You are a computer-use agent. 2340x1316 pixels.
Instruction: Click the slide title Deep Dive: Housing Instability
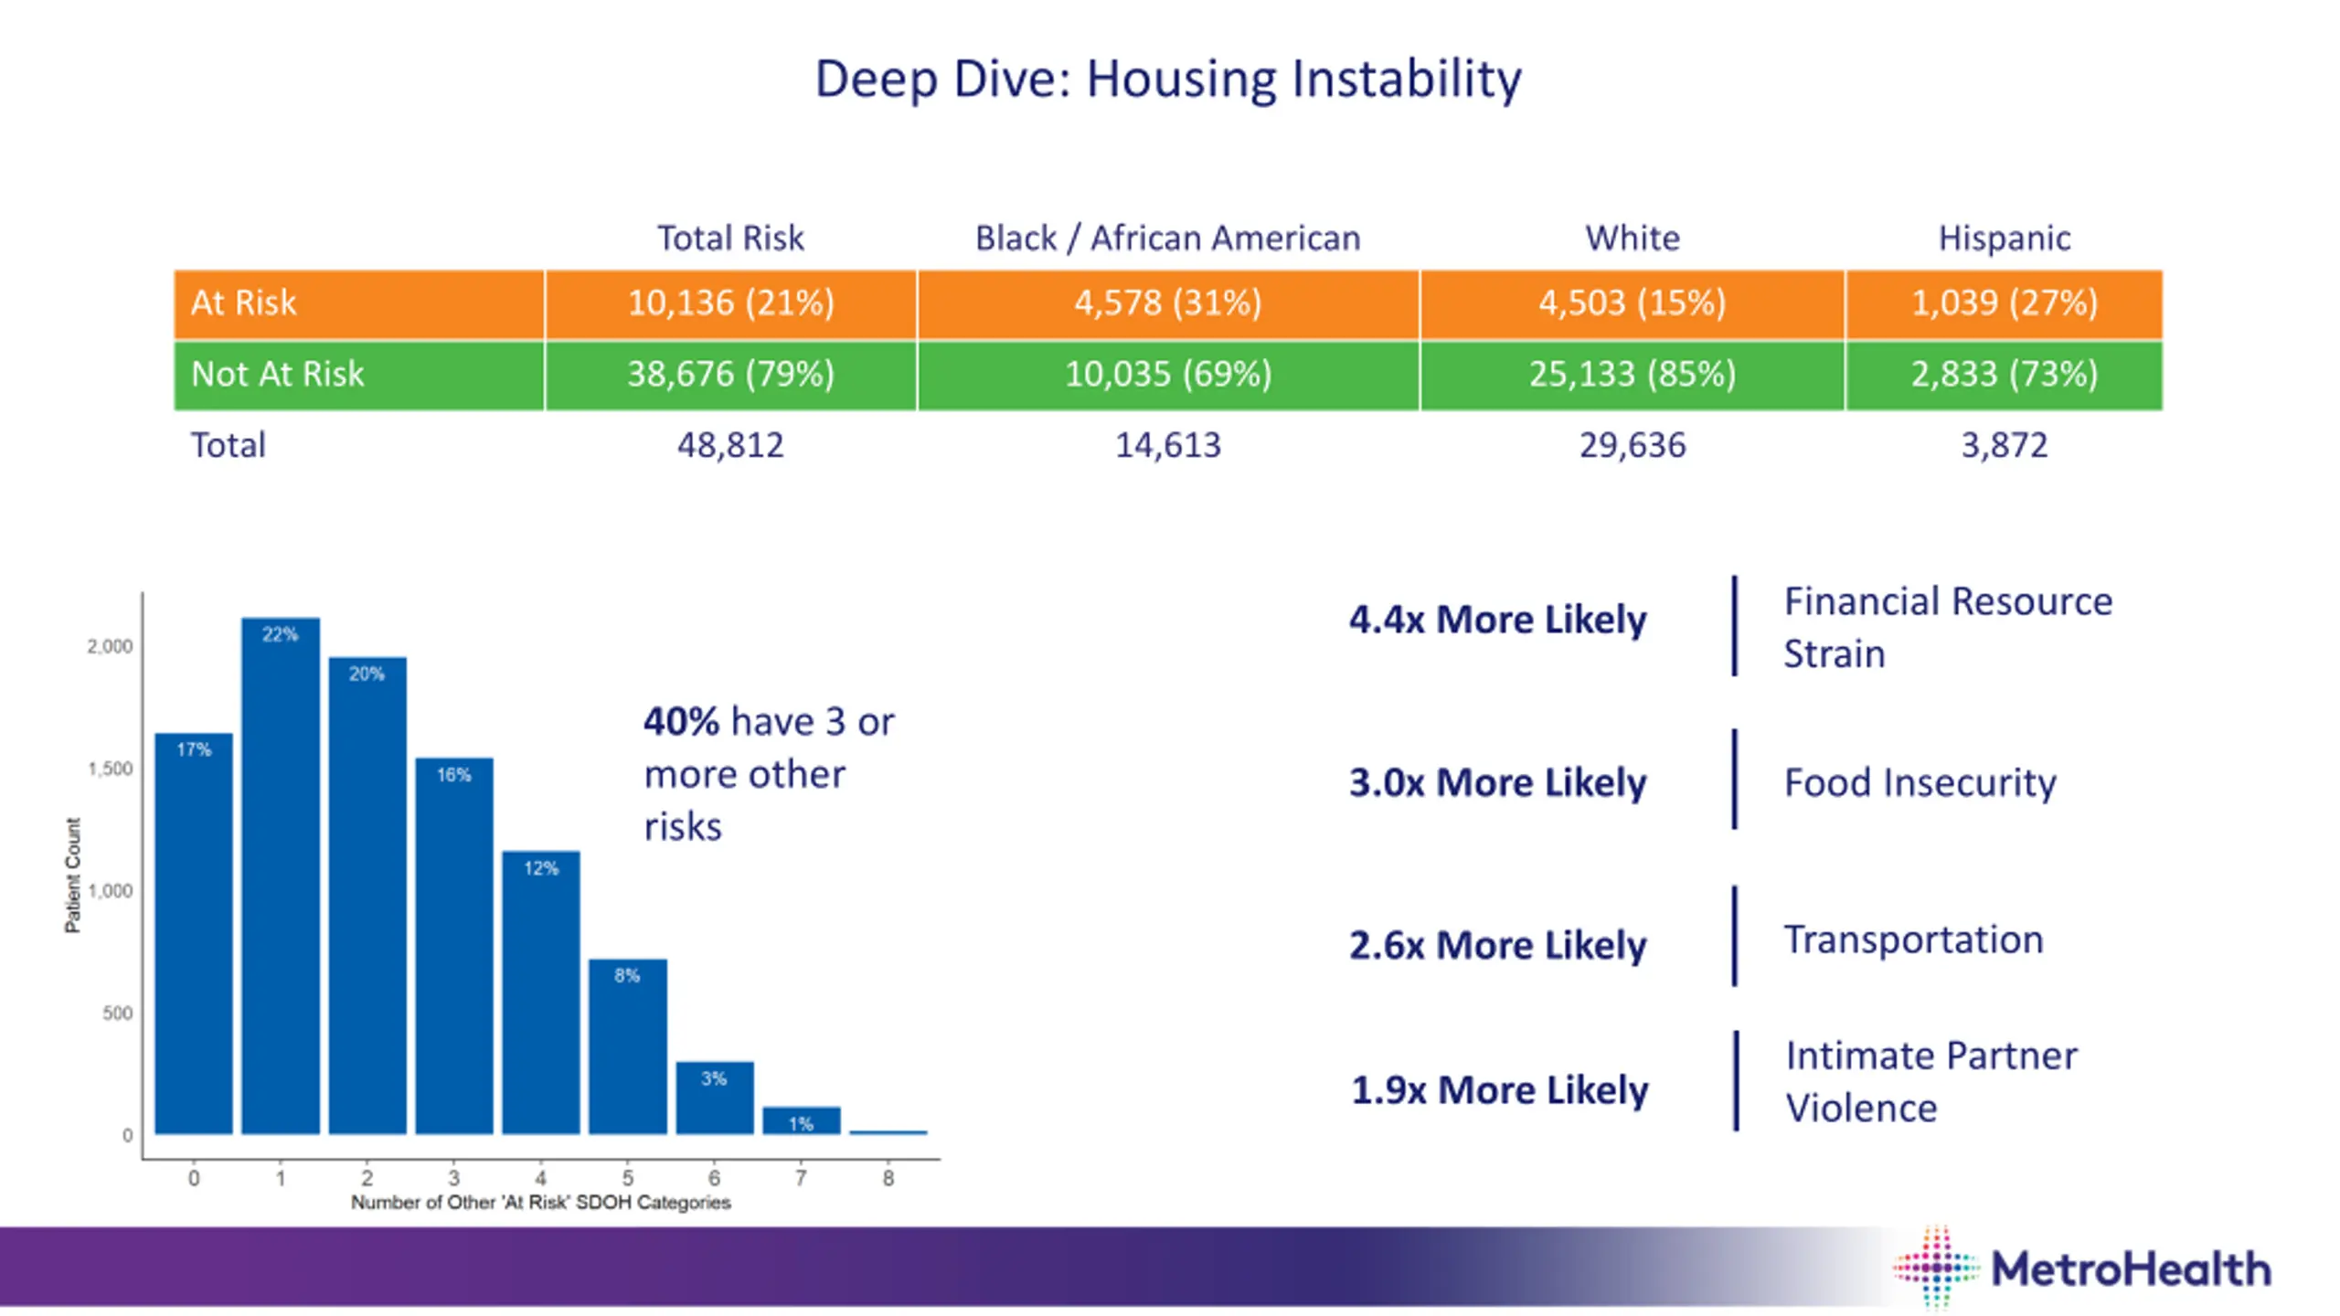[x=1167, y=79]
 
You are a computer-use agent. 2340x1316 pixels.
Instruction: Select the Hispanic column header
[x=2004, y=239]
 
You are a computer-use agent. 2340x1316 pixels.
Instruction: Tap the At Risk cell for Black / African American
[x=1167, y=303]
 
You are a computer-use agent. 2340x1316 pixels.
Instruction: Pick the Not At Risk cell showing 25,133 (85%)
[x=1632, y=375]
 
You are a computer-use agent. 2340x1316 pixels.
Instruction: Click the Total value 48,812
[x=729, y=446]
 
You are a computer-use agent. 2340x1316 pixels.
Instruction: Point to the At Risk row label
[x=243, y=303]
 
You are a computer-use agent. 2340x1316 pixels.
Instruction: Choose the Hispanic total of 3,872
[x=2004, y=446]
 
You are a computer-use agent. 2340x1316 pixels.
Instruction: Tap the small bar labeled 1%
[x=801, y=1120]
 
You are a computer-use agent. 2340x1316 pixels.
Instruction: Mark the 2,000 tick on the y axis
[x=110, y=647]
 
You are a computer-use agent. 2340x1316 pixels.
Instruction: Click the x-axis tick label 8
[x=888, y=1179]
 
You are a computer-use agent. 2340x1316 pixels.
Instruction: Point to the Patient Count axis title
[x=72, y=875]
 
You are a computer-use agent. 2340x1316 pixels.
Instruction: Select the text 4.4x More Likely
[x=1497, y=621]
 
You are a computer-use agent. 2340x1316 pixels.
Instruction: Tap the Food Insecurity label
[x=1920, y=783]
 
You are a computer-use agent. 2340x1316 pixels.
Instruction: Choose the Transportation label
[x=1913, y=940]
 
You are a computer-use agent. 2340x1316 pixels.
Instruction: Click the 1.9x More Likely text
[x=1499, y=1090]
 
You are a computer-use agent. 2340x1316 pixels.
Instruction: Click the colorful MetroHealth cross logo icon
[x=1935, y=1268]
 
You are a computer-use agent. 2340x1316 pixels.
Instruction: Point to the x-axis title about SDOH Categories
[x=540, y=1203]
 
